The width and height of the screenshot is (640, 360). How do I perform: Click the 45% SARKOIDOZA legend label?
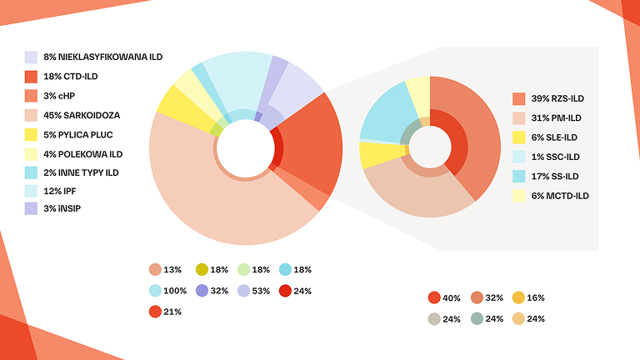tap(81, 114)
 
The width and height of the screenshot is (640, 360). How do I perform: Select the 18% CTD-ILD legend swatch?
tap(31, 77)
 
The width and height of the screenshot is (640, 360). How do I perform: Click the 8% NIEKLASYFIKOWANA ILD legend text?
tap(102, 57)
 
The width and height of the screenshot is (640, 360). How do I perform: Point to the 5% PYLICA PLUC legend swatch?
tap(31, 134)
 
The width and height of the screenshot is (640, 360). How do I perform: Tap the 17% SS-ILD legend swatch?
tap(519, 177)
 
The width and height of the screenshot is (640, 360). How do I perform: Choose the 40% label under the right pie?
tap(452, 297)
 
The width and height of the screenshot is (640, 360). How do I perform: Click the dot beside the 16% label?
tap(517, 297)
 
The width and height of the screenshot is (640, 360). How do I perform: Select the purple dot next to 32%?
tap(202, 291)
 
